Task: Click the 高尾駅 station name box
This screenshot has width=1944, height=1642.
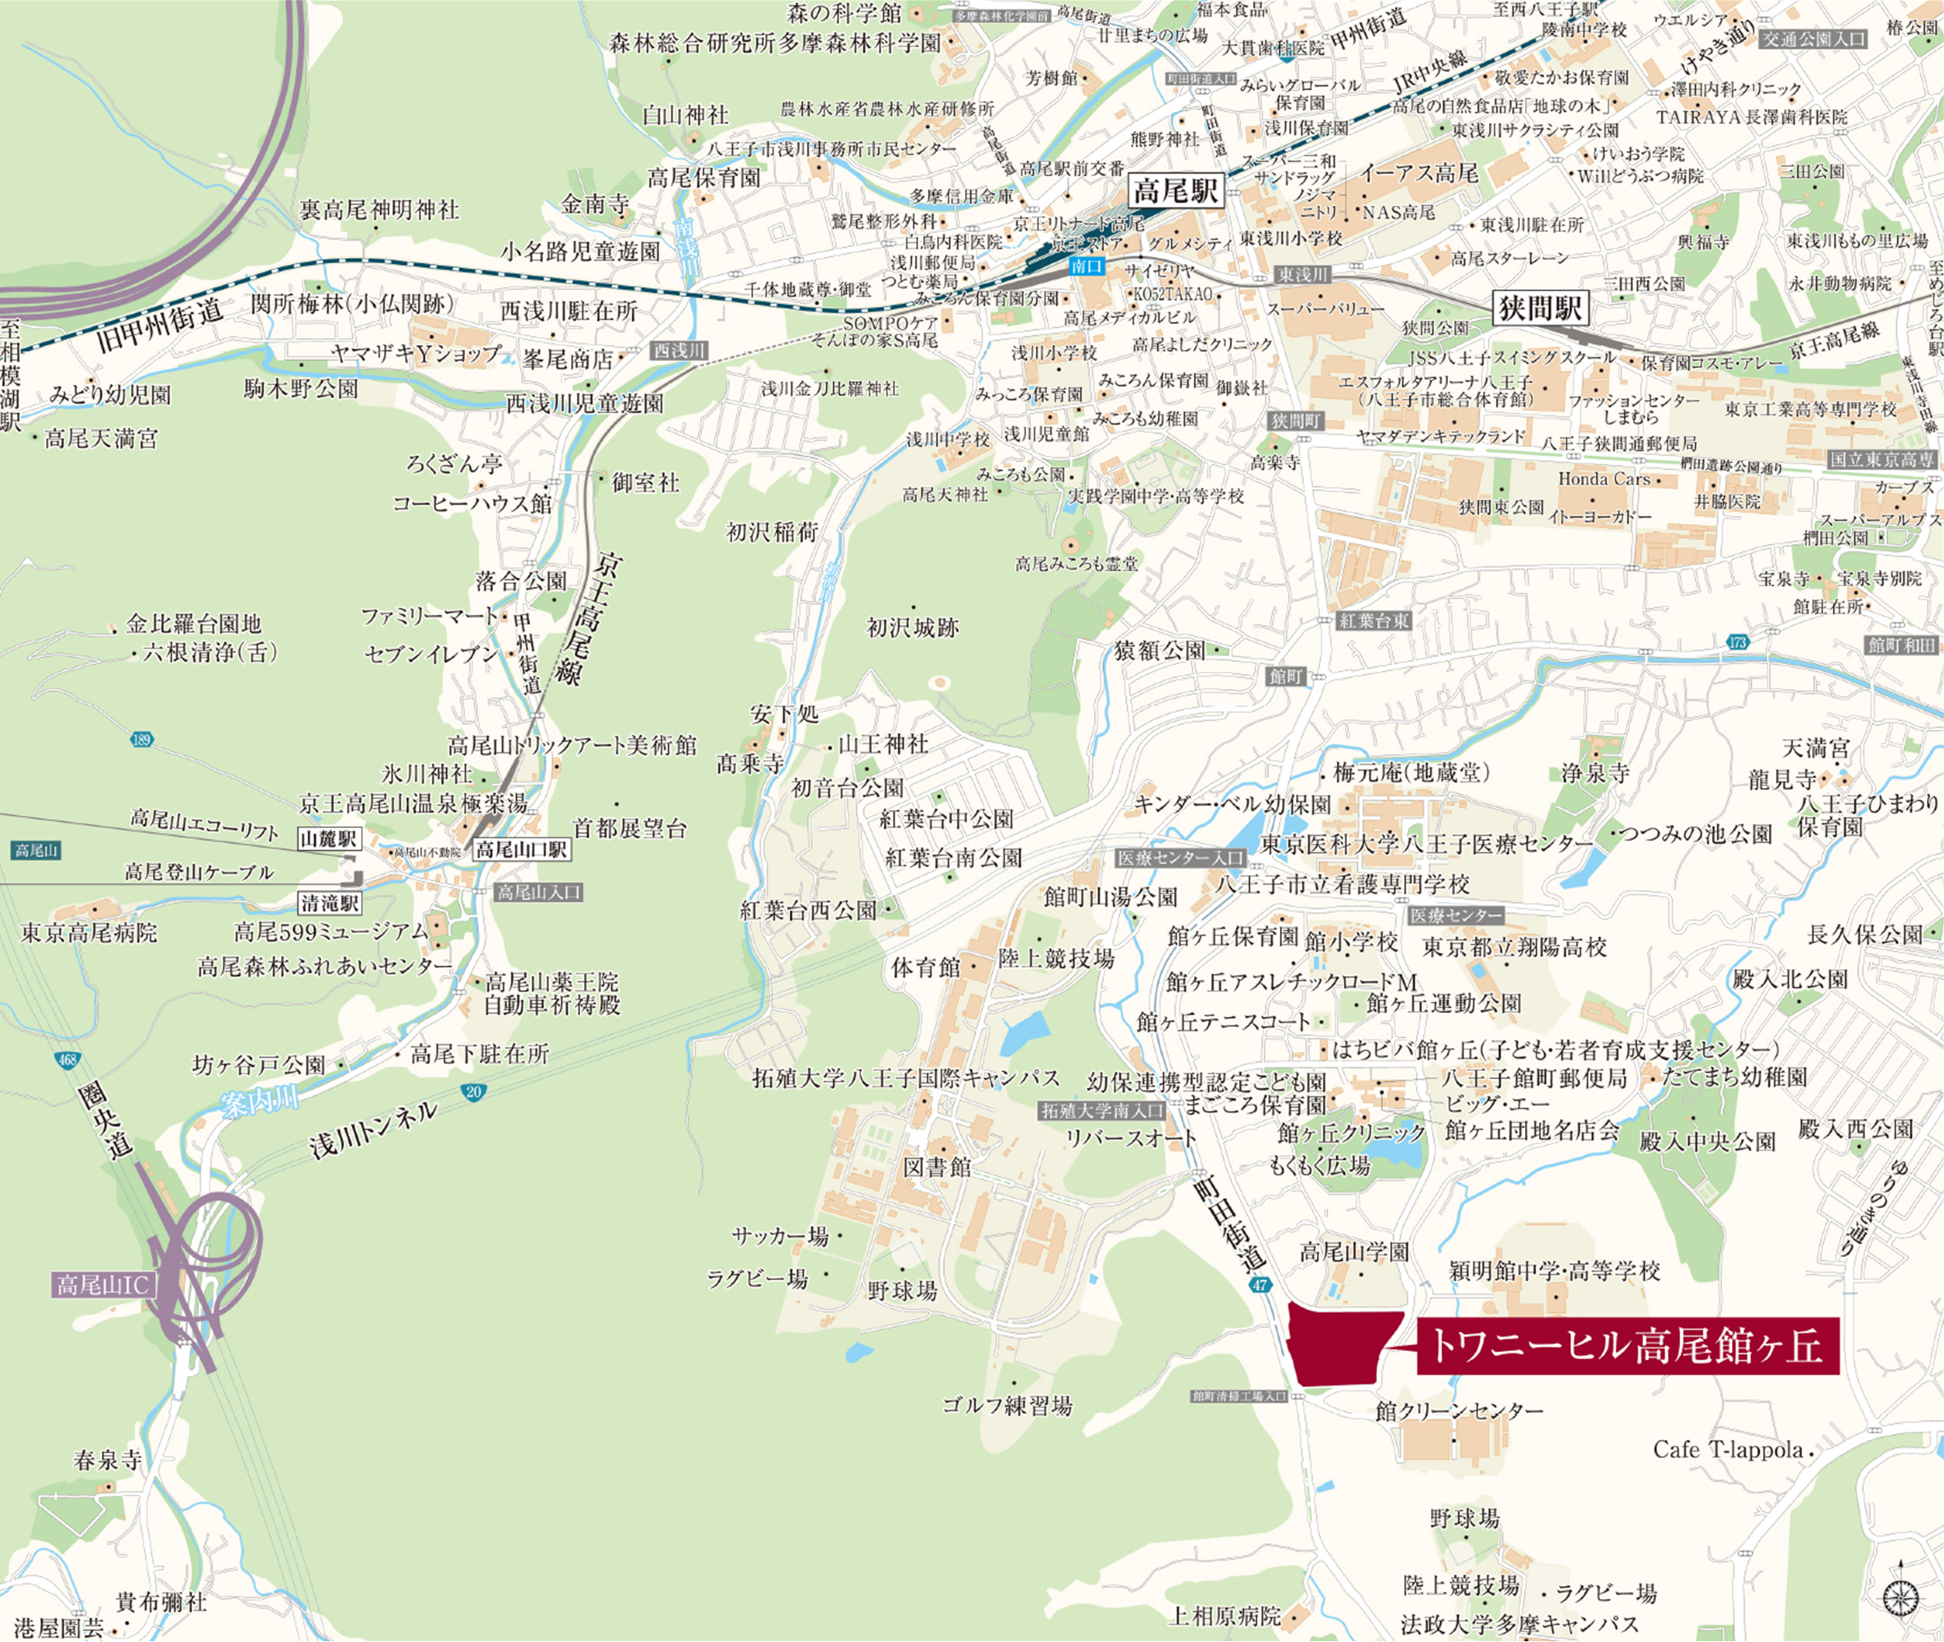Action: coord(1176,192)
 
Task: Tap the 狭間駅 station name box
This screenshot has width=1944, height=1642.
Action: coord(1540,308)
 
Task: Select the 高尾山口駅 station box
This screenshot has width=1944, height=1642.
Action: coord(521,849)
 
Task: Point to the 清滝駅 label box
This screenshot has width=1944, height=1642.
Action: coord(330,902)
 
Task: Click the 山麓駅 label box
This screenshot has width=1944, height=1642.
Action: coord(329,838)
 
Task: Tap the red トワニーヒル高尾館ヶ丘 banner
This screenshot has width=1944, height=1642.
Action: coord(1628,1345)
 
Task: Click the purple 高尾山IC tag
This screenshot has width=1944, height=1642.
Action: coord(103,1286)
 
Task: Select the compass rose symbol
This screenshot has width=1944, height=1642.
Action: coord(1899,1597)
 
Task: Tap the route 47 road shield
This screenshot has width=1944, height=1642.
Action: coord(1260,1285)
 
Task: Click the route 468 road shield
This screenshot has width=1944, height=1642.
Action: coord(66,1060)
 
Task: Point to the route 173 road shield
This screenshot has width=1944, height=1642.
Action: coord(1736,641)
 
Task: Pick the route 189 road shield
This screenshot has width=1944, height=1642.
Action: coord(140,740)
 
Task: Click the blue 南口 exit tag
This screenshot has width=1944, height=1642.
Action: coord(1086,266)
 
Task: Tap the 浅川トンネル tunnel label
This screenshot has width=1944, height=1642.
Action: coord(373,1129)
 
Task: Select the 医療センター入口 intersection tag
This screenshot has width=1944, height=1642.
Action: coord(1181,857)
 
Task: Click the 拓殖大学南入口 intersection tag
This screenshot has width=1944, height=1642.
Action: coord(1102,1110)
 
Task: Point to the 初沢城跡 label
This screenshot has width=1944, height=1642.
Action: coord(912,627)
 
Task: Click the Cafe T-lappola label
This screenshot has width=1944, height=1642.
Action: coord(1727,1449)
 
